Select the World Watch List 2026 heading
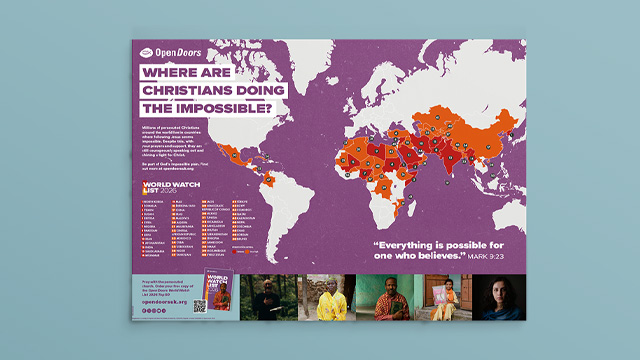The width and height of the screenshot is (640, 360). click(164, 188)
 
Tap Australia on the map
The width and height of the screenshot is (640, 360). click(500, 215)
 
